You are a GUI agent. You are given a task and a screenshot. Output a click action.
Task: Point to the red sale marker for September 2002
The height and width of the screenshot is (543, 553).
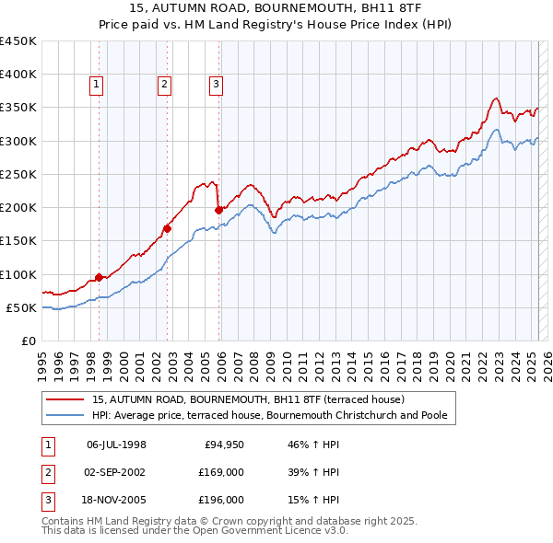point(168,228)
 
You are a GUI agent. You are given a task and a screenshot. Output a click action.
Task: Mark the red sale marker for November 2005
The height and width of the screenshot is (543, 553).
point(219,210)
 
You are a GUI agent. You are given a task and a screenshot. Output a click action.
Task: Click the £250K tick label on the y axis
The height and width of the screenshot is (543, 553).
point(18,174)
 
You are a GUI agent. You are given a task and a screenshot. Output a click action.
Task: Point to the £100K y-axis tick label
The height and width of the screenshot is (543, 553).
point(18,274)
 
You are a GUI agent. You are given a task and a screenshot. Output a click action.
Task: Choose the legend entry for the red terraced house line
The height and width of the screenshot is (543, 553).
point(240,400)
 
